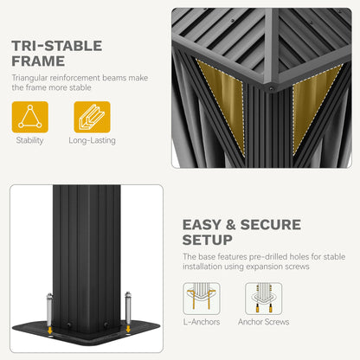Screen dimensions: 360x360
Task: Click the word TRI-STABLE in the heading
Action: coord(57,46)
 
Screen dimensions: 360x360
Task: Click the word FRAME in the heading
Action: coord(38,61)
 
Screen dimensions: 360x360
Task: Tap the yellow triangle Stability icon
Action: coord(30,117)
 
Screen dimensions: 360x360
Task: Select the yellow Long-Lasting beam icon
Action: coord(92,117)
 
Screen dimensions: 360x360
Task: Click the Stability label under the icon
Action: coord(29,140)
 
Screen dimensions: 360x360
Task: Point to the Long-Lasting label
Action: coord(92,140)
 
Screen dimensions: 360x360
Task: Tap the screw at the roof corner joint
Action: coord(271,89)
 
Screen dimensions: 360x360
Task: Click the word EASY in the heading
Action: coord(202,225)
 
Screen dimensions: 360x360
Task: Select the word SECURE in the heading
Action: coord(271,225)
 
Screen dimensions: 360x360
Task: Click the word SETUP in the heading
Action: coord(208,240)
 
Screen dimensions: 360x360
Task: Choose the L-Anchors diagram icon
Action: coord(202,299)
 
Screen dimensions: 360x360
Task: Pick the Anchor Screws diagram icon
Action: coord(264,299)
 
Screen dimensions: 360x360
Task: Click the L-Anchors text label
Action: coord(202,322)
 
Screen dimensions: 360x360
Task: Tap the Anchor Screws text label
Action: coord(264,322)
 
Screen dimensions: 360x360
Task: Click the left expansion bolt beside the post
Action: coord(49,310)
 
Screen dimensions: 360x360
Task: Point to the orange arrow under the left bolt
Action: coord(50,331)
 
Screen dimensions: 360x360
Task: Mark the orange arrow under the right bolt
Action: coord(128,329)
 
